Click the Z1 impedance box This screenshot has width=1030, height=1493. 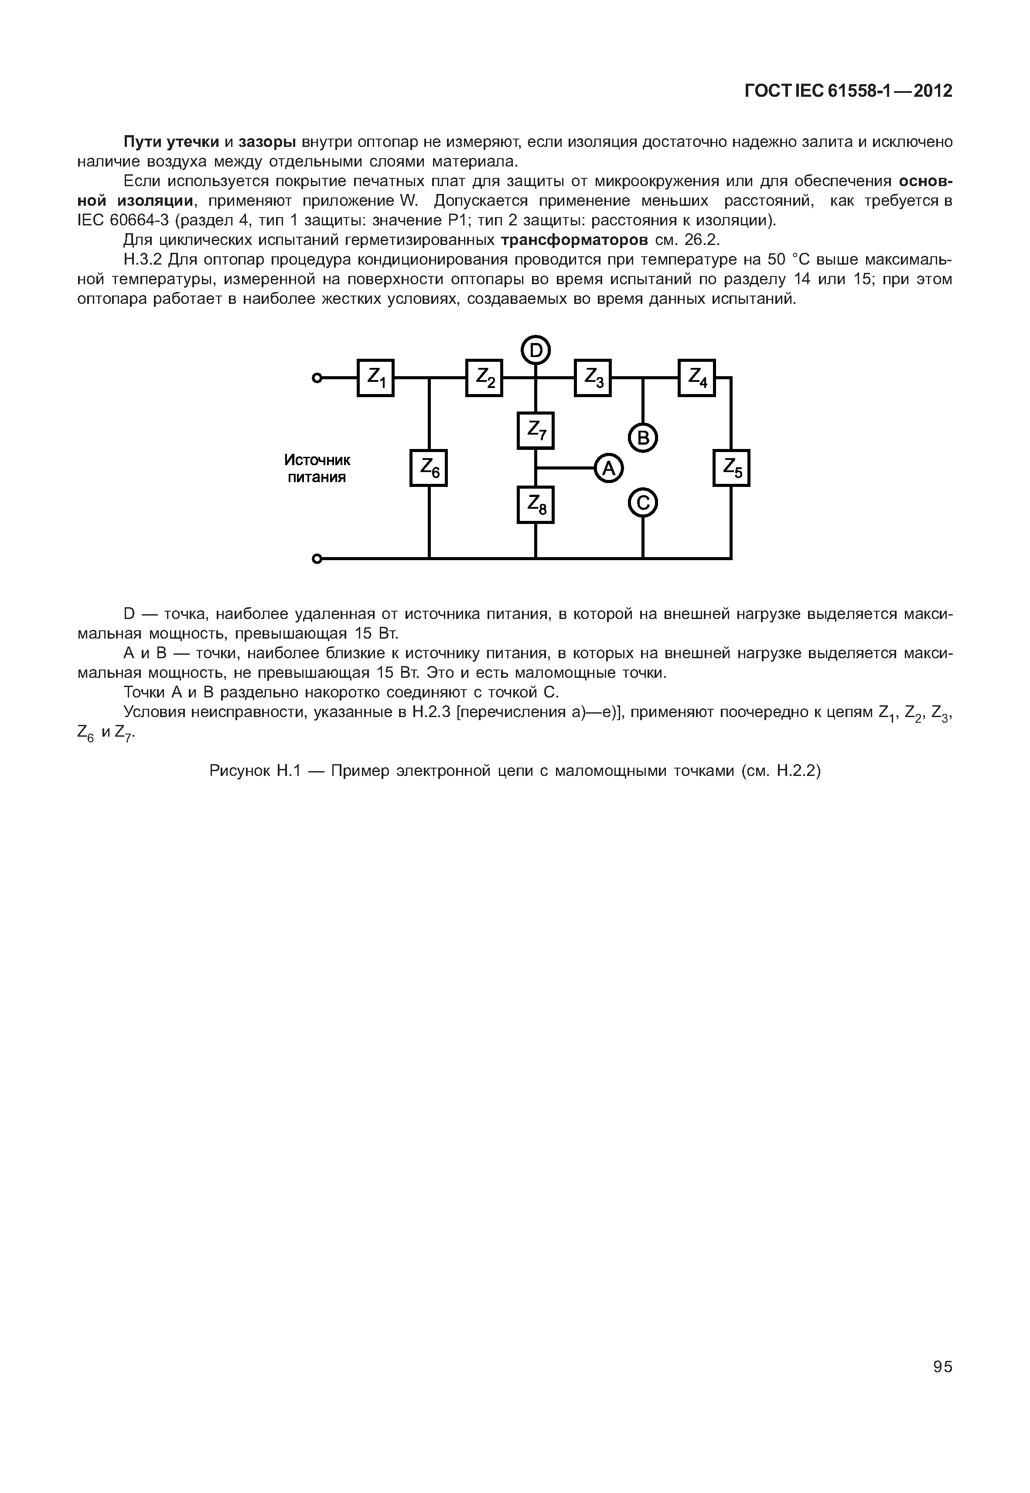click(375, 378)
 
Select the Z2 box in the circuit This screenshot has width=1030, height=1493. click(484, 378)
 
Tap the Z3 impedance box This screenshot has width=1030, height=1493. click(593, 378)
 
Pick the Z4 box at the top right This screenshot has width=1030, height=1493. click(696, 378)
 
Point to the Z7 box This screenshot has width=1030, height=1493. click(535, 430)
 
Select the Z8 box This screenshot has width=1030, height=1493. click(535, 504)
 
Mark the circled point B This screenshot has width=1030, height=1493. click(643, 439)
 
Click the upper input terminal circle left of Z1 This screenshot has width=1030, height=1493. click(316, 378)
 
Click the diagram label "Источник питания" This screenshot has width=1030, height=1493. click(317, 469)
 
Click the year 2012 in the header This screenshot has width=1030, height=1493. click(933, 91)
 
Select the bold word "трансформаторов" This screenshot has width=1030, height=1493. click(574, 240)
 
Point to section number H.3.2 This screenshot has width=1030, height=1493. click(143, 260)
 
